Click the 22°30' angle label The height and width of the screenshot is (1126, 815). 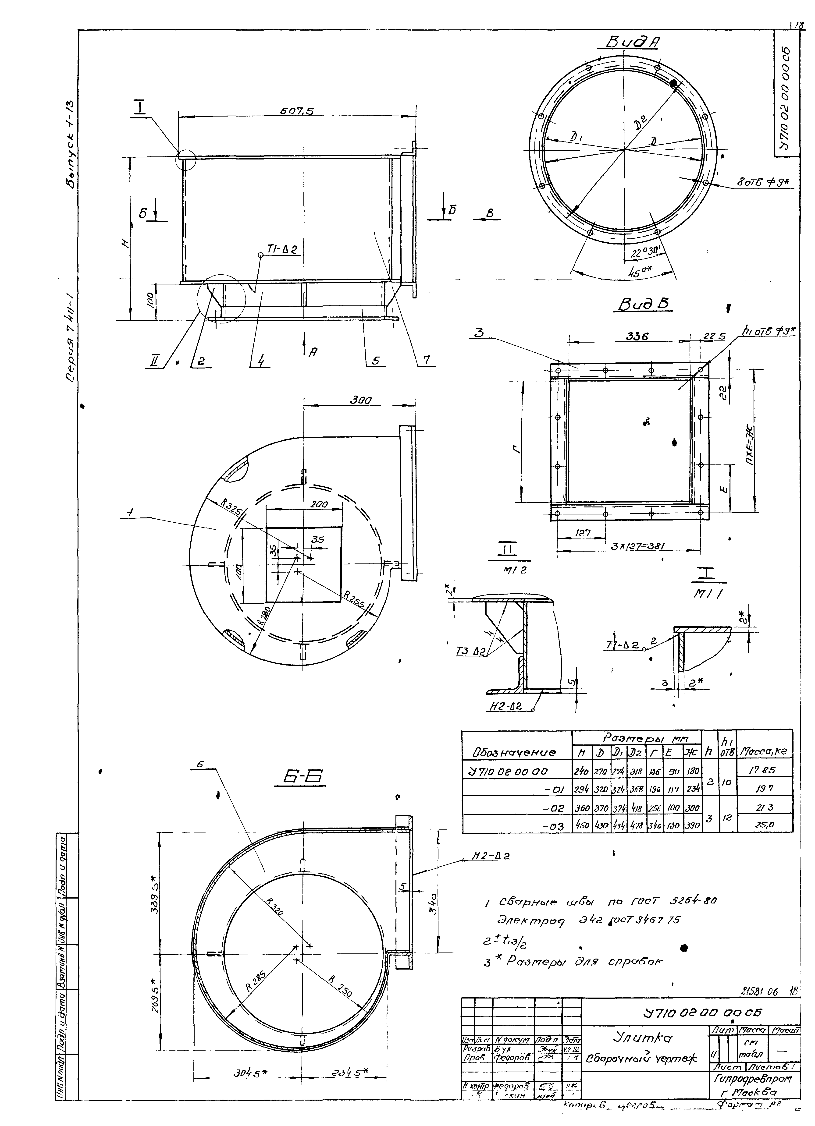[644, 252]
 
